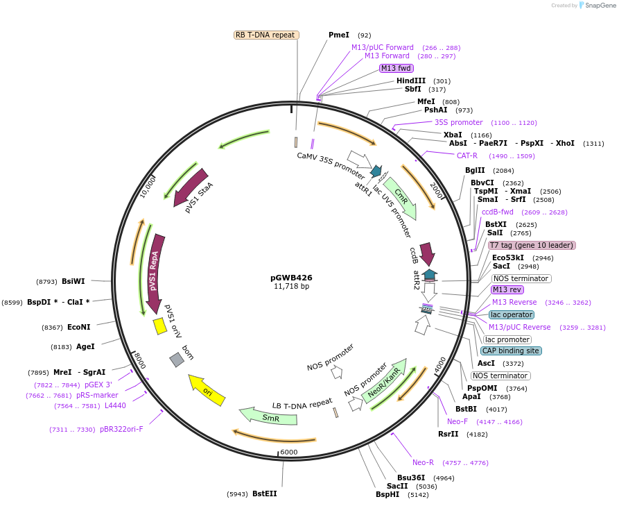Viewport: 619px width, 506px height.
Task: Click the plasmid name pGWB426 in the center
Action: point(291,278)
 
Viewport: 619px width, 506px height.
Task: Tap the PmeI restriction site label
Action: point(339,35)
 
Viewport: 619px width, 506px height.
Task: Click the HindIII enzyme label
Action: point(411,81)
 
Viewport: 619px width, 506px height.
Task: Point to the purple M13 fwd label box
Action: point(396,68)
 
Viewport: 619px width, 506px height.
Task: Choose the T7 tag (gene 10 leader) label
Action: point(532,245)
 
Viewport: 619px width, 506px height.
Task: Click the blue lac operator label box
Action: point(512,314)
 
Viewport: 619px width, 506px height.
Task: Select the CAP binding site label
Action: point(512,351)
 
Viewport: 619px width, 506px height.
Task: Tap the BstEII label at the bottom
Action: point(264,494)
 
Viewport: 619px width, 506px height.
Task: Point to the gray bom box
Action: point(177,359)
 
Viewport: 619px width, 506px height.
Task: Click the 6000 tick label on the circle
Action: point(288,452)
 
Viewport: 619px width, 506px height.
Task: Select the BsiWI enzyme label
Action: point(73,281)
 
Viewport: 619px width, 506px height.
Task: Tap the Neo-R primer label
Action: point(423,462)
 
